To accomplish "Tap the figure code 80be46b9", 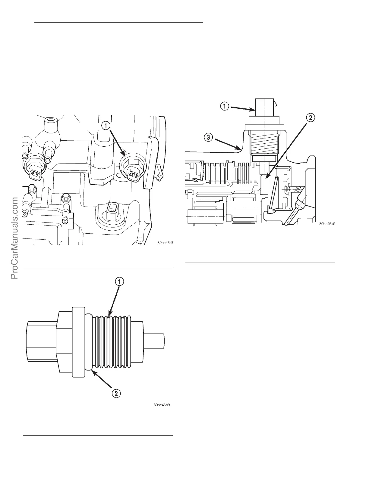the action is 164,405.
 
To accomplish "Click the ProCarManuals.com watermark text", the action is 15,238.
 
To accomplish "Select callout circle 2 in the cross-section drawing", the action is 310,117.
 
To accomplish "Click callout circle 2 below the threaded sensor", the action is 117,393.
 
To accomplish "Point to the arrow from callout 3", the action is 226,144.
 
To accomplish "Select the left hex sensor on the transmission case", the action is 34,169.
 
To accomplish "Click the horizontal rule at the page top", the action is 118,22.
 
